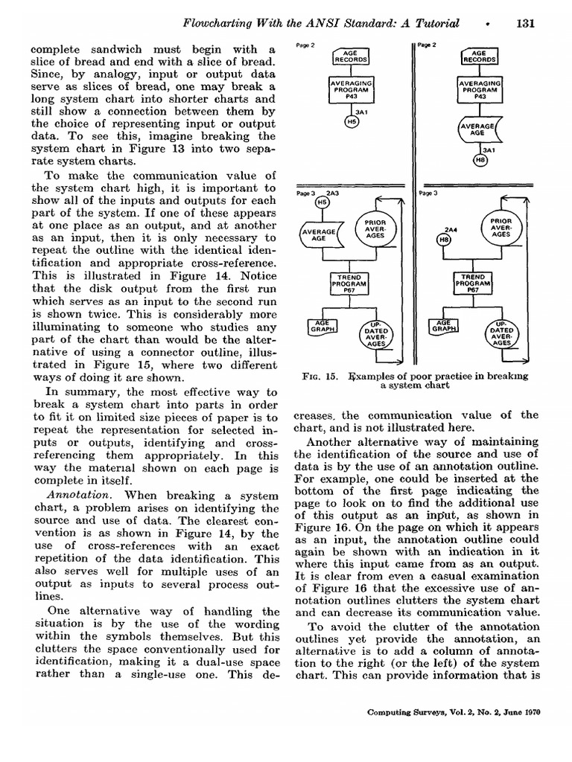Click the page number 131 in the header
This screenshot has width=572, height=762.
(x=526, y=23)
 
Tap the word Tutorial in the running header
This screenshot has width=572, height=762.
(x=433, y=23)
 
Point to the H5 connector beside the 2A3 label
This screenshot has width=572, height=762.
(x=322, y=202)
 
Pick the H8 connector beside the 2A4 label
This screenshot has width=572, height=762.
(x=444, y=240)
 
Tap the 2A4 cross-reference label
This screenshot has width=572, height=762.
(x=450, y=229)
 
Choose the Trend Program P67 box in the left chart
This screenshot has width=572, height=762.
(x=344, y=284)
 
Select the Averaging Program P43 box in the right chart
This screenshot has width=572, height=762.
(x=479, y=90)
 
